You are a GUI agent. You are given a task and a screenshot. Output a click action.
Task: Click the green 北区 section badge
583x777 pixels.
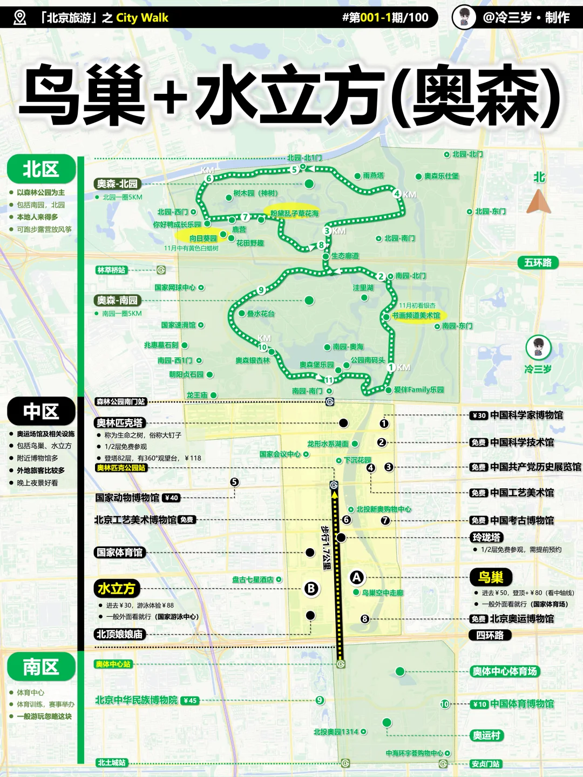[41, 169]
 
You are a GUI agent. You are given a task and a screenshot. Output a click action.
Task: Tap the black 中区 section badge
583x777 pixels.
[41, 411]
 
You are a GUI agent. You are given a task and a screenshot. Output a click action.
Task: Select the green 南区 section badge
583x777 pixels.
[41, 667]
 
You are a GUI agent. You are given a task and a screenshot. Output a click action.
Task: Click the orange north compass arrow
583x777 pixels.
[538, 202]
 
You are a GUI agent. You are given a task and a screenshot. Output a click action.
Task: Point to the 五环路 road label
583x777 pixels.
[538, 263]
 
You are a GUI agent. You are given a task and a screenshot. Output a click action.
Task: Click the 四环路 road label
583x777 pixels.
[490, 635]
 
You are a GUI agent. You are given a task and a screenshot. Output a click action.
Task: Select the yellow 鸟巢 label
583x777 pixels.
[490, 577]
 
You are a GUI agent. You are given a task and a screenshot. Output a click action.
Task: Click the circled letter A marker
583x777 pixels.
[356, 577]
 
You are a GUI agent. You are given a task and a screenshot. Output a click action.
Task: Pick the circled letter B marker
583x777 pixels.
[311, 589]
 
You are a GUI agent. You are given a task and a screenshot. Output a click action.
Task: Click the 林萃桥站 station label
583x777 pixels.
[112, 270]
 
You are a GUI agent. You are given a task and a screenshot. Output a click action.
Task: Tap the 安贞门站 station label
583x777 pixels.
[485, 764]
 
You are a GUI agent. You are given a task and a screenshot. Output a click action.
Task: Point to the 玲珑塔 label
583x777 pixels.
[486, 537]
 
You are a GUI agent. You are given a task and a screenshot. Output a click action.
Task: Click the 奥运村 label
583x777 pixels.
[486, 735]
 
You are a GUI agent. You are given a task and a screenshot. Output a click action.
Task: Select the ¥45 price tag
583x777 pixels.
[190, 701]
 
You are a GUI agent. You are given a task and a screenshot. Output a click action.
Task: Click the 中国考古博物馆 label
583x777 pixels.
[521, 520]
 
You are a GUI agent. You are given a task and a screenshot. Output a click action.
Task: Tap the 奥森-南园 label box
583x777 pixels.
[117, 300]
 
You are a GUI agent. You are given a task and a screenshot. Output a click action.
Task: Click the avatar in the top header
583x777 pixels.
[464, 17]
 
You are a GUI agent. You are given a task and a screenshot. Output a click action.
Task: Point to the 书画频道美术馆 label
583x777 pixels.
[416, 316]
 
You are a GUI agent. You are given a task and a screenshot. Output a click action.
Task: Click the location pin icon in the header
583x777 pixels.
[20, 17]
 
